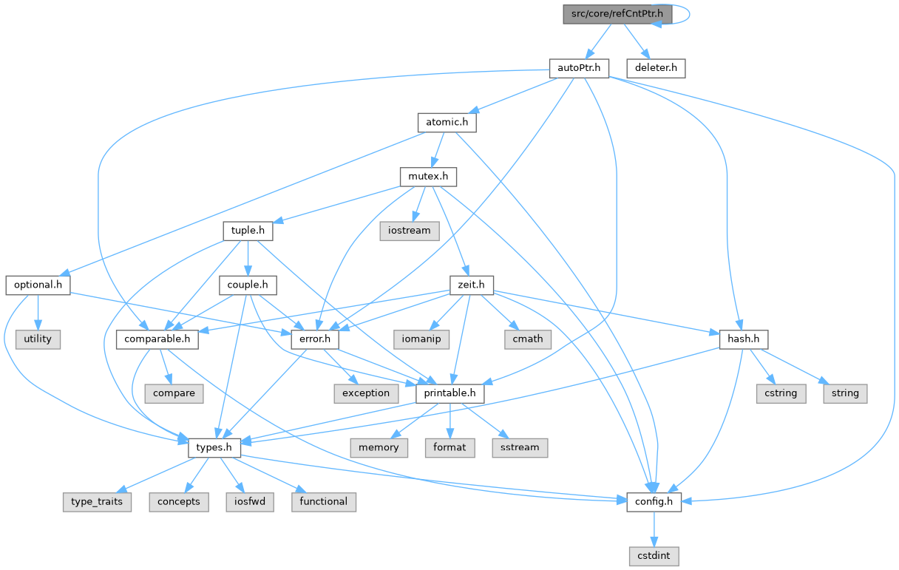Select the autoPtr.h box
578,68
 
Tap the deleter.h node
655,68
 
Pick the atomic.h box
446,123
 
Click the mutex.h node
428,177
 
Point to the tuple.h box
248,231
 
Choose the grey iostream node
410,231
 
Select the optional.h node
38,285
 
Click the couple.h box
247,285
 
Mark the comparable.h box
157,339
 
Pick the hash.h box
743,339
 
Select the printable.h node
449,393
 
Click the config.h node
654,501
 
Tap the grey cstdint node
654,555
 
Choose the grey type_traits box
97,501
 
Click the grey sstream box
520,447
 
